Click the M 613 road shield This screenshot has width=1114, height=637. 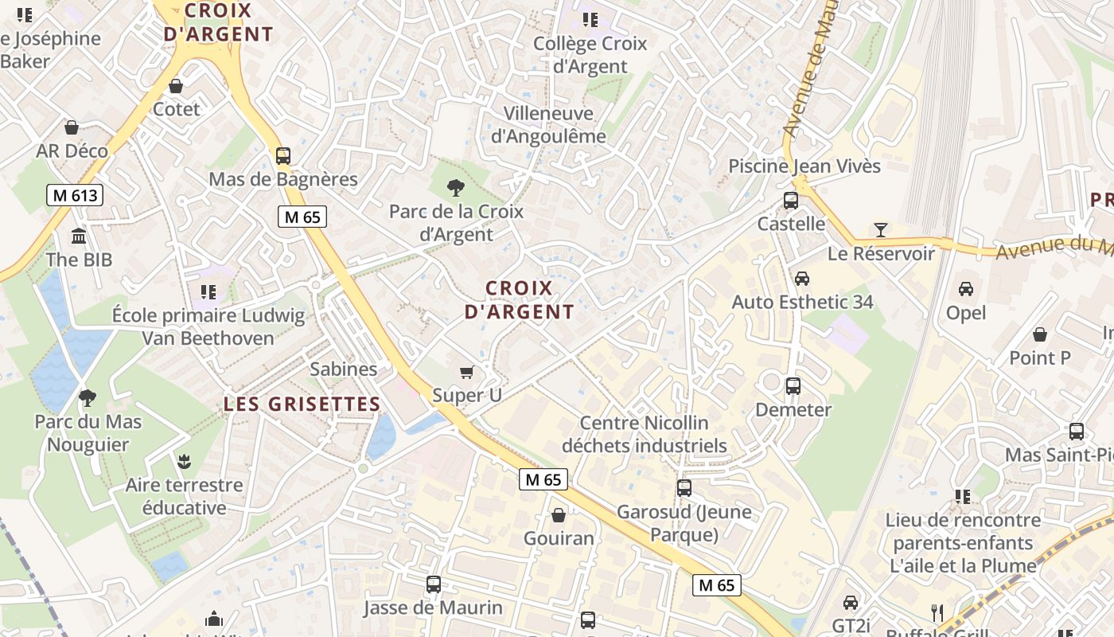pos(75,195)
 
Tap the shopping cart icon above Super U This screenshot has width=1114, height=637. pos(467,372)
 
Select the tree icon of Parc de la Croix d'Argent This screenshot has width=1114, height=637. pos(456,188)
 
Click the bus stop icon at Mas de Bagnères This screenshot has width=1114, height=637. pos(283,156)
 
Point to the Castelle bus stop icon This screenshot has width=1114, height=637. pos(791,201)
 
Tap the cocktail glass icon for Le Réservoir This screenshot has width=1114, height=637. pos(880,230)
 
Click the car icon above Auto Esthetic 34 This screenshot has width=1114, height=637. pos(802,279)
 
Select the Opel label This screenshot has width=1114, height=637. pos(966,313)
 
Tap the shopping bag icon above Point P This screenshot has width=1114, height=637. pos(1039,334)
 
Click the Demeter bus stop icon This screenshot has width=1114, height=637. pos(793,386)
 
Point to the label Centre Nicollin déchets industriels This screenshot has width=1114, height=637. pos(645,434)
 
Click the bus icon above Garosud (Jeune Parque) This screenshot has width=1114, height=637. pos(684,487)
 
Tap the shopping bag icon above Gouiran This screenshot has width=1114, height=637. pos(559,515)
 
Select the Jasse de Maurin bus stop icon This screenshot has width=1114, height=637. pos(434,584)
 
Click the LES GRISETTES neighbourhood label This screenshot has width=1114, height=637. pos(302,404)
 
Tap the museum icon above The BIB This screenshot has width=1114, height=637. pos(79,236)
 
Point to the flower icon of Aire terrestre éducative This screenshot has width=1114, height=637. pos(184,461)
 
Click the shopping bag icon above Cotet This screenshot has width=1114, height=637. pos(176,86)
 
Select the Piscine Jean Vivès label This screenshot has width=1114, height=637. pos(804,166)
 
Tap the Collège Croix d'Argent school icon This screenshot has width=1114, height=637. pos(590,20)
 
